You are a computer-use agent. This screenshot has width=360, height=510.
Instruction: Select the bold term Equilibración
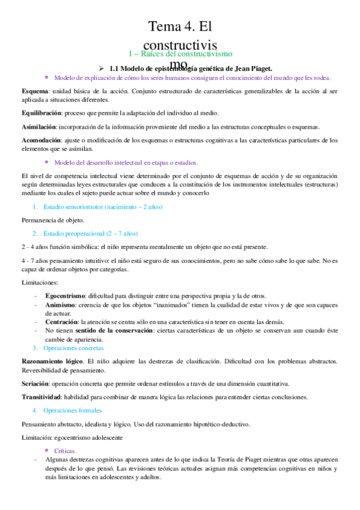[33, 113]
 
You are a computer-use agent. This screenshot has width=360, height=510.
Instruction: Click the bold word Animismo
[59, 305]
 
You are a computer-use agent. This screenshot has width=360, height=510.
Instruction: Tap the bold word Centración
[61, 322]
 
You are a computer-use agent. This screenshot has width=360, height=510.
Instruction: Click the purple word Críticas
[65, 450]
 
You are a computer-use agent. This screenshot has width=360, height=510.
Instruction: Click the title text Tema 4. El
[181, 26]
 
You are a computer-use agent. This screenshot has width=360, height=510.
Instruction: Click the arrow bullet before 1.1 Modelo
[101, 69]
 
